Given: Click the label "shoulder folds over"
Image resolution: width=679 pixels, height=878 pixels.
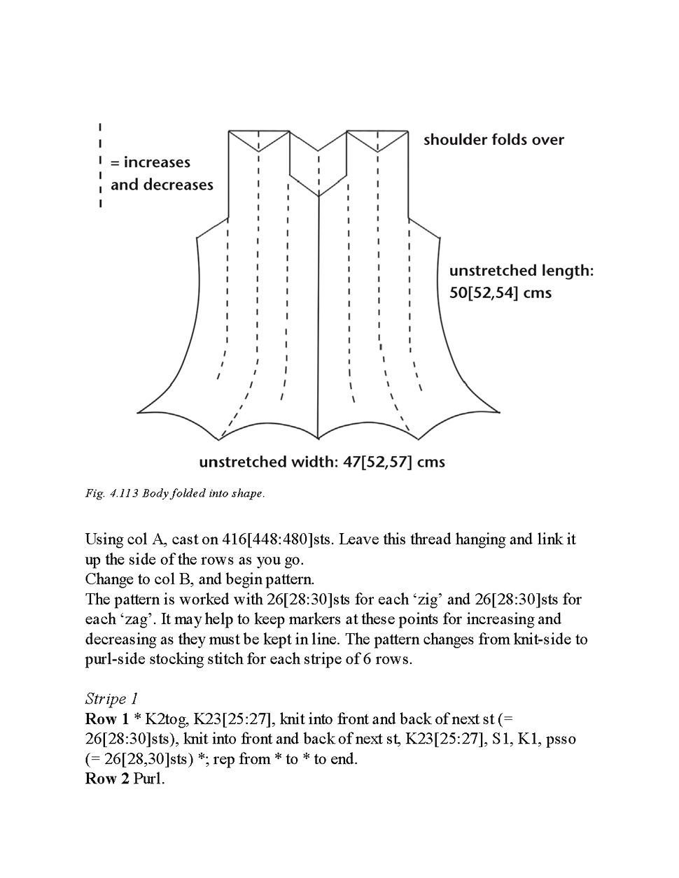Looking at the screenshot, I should pyautogui.click(x=493, y=139).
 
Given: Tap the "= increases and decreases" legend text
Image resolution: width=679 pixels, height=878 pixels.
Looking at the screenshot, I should pyautogui.click(x=162, y=174).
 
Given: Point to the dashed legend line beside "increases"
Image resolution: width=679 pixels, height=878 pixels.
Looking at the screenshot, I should pyautogui.click(x=101, y=165).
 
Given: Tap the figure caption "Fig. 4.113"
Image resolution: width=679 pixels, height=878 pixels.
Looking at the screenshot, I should pyautogui.click(x=111, y=493).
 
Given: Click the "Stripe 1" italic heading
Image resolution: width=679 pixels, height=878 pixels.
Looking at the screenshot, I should pyautogui.click(x=111, y=698).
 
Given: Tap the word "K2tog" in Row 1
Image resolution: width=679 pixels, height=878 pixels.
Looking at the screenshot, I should pyautogui.click(x=163, y=718).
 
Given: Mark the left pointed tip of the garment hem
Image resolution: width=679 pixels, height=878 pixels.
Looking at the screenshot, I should pyautogui.click(x=138, y=411).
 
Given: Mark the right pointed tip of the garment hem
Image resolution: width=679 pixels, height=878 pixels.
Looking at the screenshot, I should pyautogui.click(x=500, y=411).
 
